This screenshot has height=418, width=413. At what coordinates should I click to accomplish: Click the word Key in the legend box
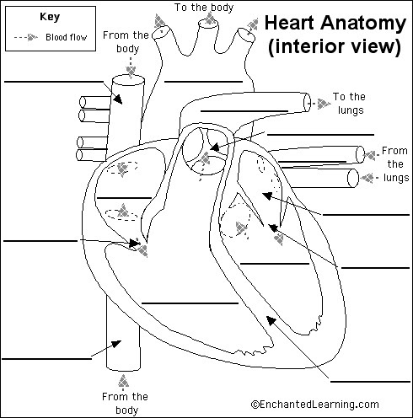pos(50,17)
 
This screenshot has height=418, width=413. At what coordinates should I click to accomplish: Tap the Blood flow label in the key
pos(67,37)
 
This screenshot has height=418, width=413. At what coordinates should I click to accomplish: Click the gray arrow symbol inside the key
pos(32,37)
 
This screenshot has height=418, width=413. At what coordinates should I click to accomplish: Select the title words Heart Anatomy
pos(335,23)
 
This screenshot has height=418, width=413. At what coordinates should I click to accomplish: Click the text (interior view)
pos(335,46)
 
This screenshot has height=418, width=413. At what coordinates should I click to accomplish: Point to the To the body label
pos(204,8)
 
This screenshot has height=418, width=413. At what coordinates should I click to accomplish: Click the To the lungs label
pos(350,104)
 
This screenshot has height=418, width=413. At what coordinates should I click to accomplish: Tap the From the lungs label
pos(395,164)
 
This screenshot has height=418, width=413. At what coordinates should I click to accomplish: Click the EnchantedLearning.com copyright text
pos(315,405)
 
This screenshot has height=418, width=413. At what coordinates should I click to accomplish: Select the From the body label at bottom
pos(125,404)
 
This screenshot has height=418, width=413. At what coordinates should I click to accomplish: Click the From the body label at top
pos(126,42)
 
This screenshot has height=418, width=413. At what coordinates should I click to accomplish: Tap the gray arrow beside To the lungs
pos(324,104)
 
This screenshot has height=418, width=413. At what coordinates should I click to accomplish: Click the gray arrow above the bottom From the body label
pos(123,382)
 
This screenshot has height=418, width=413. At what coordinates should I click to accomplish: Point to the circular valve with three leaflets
pos(205,151)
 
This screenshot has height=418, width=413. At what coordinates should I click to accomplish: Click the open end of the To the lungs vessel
pos(307,103)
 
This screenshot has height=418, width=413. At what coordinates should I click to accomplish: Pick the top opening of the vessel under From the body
pos(128,80)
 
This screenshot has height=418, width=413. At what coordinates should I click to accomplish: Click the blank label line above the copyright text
pos(370,382)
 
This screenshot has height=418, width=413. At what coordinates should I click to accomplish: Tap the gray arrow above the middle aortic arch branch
pos(209,18)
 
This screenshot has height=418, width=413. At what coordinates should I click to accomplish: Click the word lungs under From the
pos(396,178)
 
